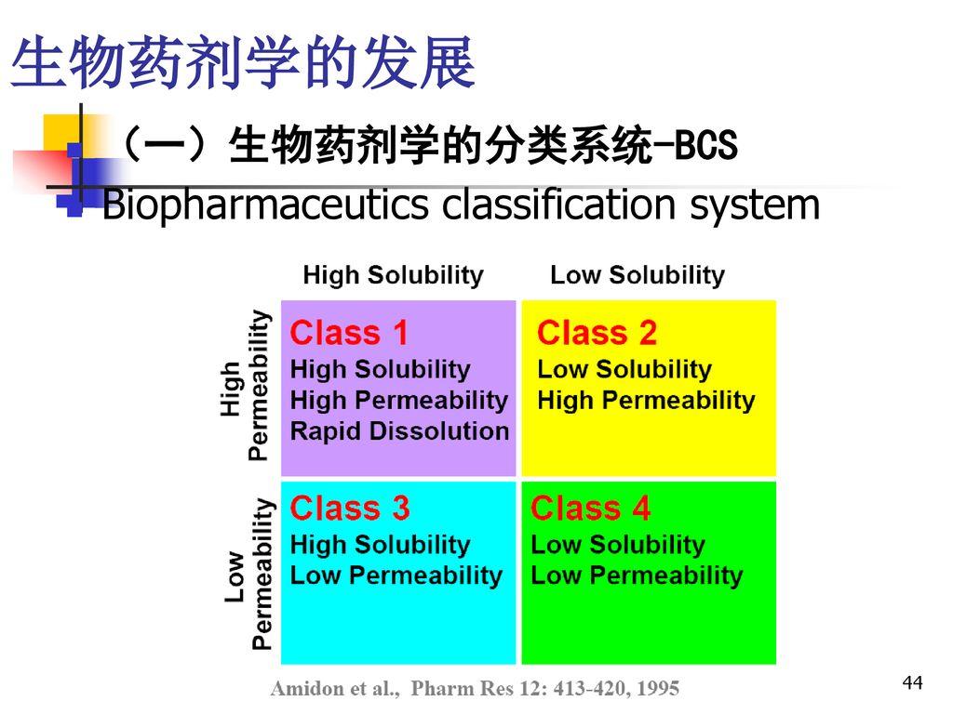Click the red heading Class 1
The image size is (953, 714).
coord(350,332)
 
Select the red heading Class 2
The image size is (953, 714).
coord(597,332)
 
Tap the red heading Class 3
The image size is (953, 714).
coord(350,509)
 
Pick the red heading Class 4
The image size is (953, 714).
coord(591,509)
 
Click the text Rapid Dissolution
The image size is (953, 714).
coord(399,431)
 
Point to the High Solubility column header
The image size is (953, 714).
coord(394,275)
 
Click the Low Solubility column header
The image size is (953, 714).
coord(638,275)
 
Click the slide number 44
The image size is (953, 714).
coord(912,684)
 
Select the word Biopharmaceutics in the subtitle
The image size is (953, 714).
coord(266,206)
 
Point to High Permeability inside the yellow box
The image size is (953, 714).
coord(646,401)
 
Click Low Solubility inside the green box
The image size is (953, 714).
coord(618,545)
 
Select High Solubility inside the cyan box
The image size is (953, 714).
coord(380,545)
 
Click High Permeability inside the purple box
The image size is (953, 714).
coord(399,401)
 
